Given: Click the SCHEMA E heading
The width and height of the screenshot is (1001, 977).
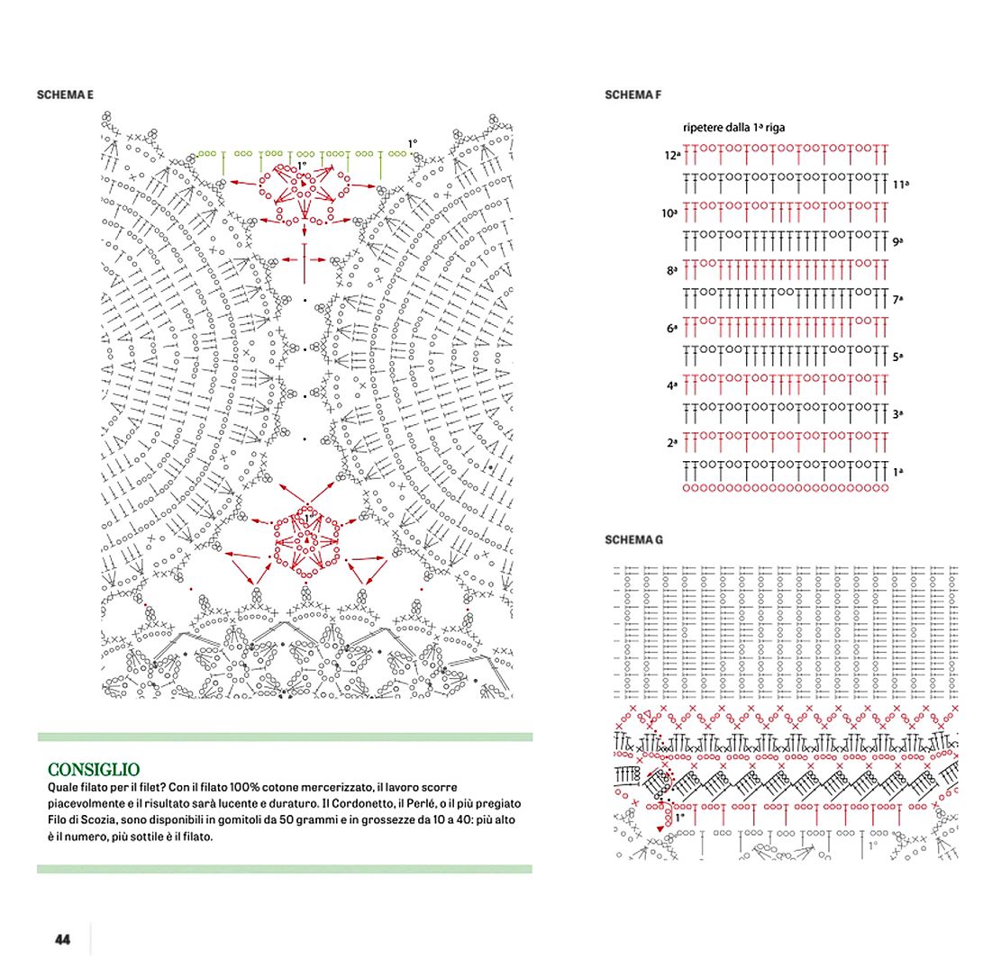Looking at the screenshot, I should point(65,95).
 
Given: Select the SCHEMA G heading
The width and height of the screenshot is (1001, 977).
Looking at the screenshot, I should point(633,539).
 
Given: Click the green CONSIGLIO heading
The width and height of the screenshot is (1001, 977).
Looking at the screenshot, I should point(94,769).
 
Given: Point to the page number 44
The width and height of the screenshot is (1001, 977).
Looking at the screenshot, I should point(62,939).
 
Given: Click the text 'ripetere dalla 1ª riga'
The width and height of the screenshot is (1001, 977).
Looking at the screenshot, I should point(733,128).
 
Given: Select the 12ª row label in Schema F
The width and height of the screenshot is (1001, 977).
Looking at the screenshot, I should point(672,156).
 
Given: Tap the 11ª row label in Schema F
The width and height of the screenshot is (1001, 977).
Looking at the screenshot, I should point(901,185).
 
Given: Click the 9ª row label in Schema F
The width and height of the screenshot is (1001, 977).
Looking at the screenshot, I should point(898,242).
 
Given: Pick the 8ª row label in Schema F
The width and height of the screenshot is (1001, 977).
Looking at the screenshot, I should point(672,270).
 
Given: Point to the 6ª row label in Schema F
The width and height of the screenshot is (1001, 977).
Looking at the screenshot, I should point(672,329).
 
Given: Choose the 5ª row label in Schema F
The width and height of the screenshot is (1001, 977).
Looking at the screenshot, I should point(898,357).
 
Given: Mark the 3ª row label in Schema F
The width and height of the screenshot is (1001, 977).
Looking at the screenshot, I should point(898,415).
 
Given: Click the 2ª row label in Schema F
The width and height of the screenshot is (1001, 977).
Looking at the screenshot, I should point(672,443).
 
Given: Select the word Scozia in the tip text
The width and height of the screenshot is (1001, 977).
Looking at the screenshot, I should point(100,819).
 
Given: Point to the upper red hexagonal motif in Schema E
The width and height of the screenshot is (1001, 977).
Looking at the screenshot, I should point(305,191).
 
